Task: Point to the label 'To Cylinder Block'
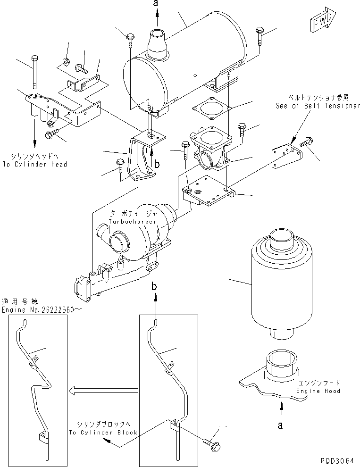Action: (103, 432)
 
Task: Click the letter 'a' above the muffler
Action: (157, 4)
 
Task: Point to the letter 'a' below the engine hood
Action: (280, 425)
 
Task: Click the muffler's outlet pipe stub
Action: (156, 45)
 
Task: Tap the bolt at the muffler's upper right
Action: (259, 33)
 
